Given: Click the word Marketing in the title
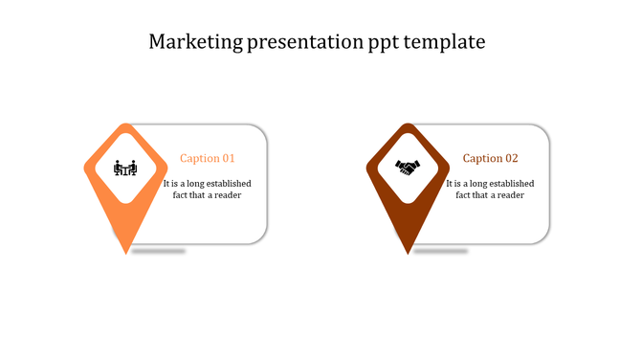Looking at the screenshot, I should [193, 42].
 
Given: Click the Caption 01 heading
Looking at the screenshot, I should [208, 158].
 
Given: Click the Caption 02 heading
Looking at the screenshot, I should [490, 158].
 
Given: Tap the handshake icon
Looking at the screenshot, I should [409, 168].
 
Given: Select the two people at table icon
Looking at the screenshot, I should [125, 168].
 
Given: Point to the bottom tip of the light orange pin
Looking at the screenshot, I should [126, 253].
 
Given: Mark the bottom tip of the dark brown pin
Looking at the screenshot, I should [409, 253].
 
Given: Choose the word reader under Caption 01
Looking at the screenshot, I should [228, 195].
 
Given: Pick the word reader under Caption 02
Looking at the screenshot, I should [510, 195].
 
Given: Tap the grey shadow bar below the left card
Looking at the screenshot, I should [158, 251].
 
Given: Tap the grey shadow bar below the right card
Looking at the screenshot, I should [440, 251].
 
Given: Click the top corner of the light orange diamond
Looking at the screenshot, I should [125, 124].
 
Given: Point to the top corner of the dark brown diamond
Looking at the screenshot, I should [409, 124].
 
